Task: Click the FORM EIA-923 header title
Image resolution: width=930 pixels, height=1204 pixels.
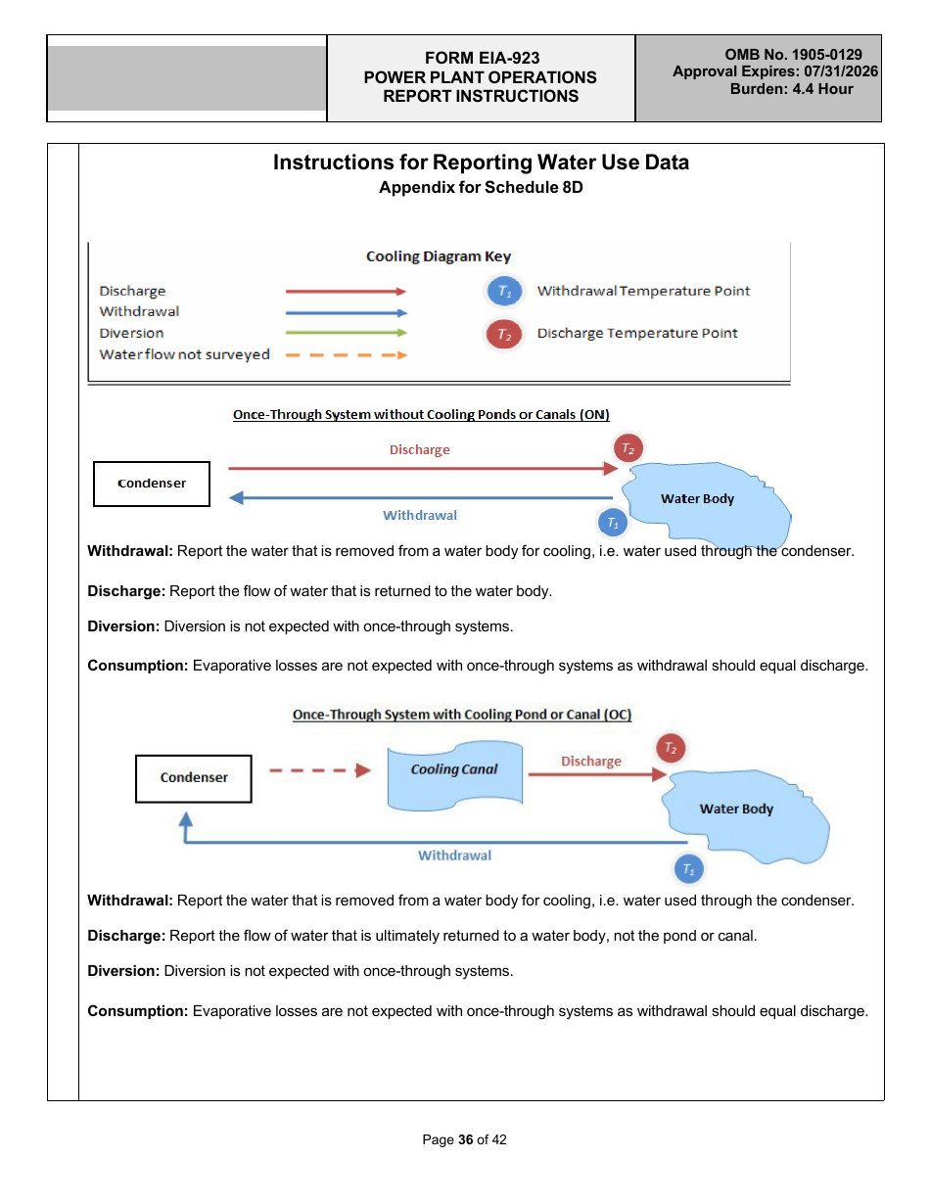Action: [x=482, y=59]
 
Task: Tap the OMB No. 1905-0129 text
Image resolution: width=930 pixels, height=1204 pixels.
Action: [x=793, y=55]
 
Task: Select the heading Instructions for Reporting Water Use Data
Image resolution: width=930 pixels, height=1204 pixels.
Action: [x=481, y=162]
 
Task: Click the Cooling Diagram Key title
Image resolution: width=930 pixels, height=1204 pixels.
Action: [x=438, y=256]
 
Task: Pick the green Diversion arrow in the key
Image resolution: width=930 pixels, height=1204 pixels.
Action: [x=346, y=333]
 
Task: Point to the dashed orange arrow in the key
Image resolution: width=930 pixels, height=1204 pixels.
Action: [x=346, y=354]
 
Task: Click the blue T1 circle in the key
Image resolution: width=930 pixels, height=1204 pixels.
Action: [x=503, y=291]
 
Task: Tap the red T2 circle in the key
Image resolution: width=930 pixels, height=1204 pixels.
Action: [x=503, y=334]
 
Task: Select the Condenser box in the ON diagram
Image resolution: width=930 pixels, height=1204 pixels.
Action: [x=152, y=484]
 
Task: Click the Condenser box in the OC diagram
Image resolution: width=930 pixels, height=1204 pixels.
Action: [x=194, y=778]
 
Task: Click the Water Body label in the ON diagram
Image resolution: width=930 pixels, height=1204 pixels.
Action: [x=697, y=499]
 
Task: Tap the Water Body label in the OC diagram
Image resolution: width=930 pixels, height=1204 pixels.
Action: [x=736, y=810]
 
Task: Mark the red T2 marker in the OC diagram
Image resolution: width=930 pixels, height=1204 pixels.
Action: [x=671, y=748]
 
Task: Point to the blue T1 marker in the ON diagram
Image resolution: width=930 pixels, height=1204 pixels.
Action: [x=613, y=523]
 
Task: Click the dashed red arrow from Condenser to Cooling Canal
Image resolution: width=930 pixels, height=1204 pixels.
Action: [x=319, y=770]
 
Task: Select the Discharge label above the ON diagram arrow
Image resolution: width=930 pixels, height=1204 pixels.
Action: [x=419, y=450]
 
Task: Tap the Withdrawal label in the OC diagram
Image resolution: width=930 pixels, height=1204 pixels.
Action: [x=454, y=856]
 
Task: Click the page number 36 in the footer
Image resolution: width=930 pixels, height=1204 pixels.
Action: [x=465, y=1139]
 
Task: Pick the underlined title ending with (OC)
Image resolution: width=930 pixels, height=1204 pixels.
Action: [x=462, y=715]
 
